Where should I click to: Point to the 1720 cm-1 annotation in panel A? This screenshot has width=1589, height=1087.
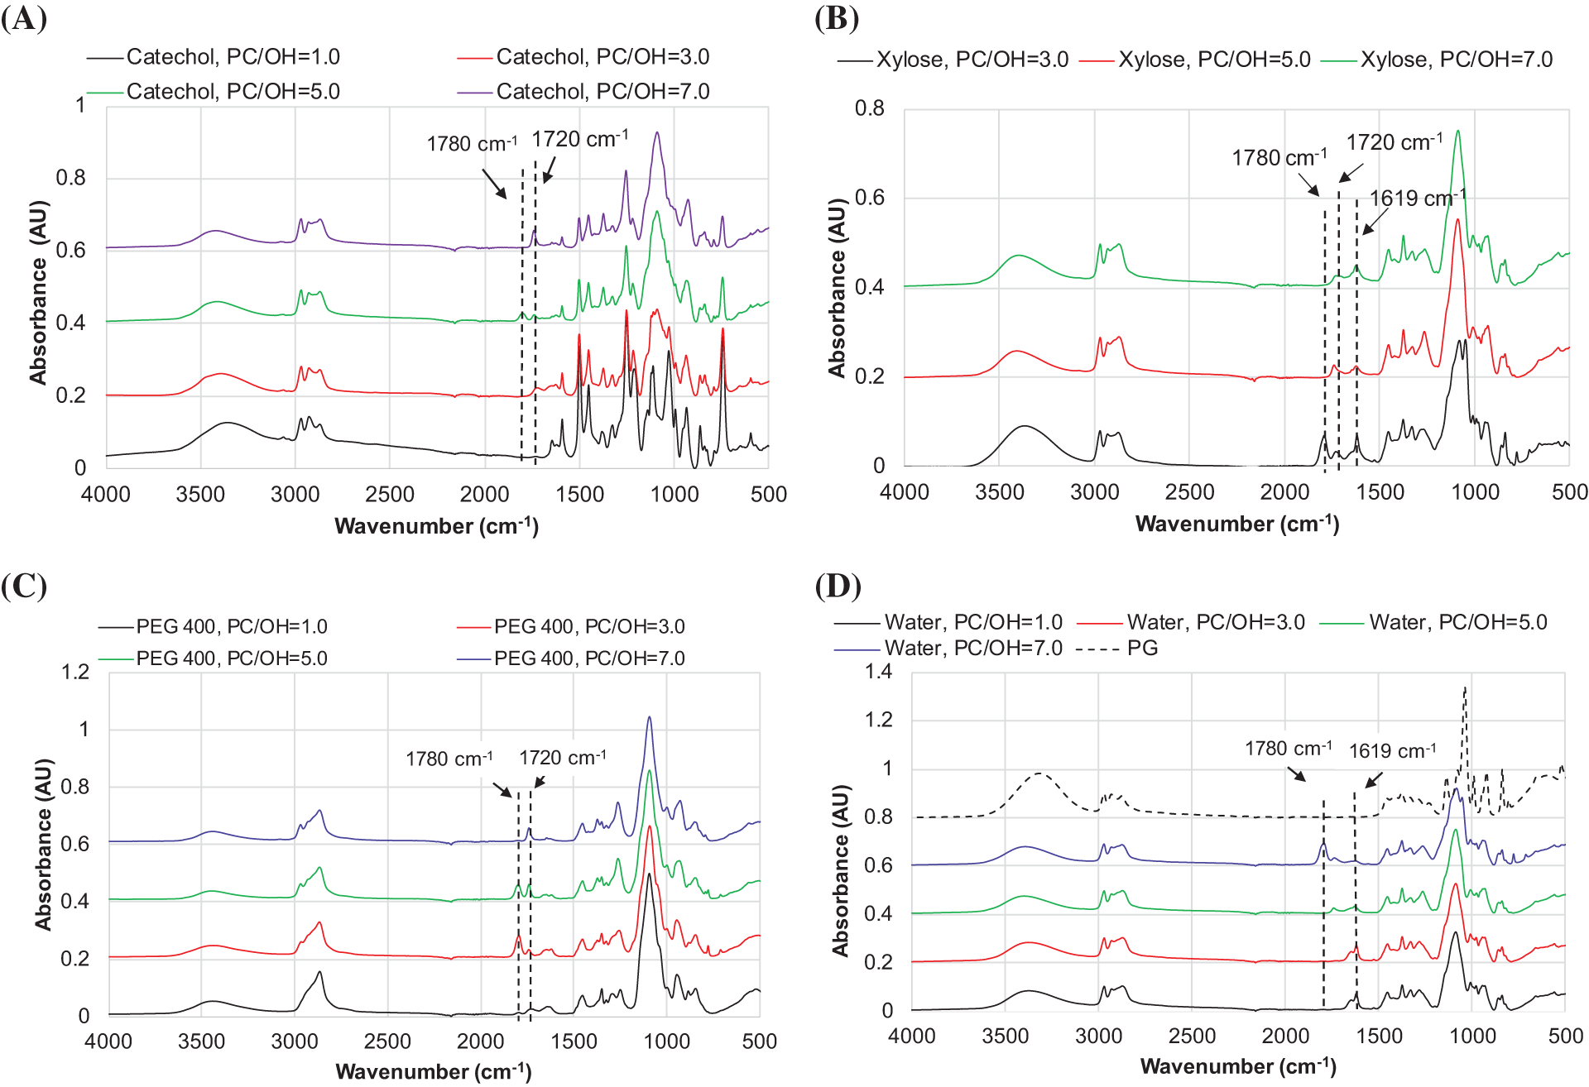[x=579, y=139]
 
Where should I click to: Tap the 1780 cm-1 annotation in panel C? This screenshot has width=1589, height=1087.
[x=449, y=759]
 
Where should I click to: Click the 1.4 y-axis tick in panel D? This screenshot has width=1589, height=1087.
[x=878, y=671]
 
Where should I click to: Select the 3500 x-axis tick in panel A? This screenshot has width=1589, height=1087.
[x=200, y=495]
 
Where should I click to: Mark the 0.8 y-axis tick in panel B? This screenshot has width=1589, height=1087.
[x=869, y=108]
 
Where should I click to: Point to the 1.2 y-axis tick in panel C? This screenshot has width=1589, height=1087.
[x=75, y=672]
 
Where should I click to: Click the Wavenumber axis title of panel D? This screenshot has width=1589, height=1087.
[x=1237, y=1065]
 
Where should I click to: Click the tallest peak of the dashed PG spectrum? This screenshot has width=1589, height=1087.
[x=1465, y=688]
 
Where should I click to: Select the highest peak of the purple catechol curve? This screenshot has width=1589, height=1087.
[x=656, y=132]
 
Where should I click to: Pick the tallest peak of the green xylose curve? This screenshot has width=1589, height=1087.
[x=1457, y=131]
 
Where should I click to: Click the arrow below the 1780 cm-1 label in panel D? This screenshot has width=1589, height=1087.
[x=1295, y=773]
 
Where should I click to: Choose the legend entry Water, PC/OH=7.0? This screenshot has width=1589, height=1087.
[x=972, y=648]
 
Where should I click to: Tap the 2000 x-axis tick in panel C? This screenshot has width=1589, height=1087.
[x=481, y=1041]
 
